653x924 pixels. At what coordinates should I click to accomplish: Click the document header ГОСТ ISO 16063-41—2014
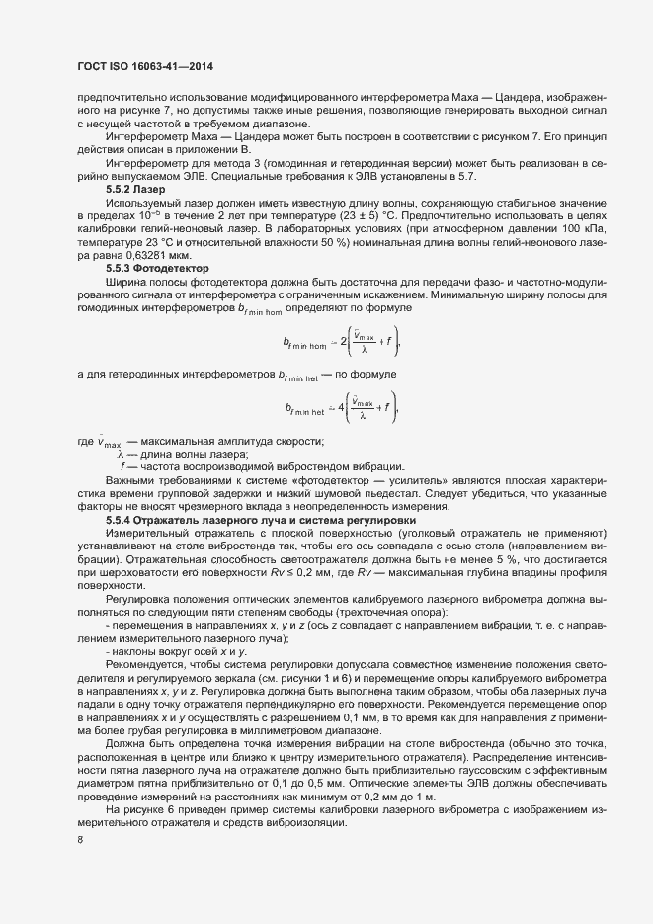click(x=145, y=66)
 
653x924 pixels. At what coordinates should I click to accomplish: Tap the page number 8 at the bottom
click(x=79, y=840)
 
